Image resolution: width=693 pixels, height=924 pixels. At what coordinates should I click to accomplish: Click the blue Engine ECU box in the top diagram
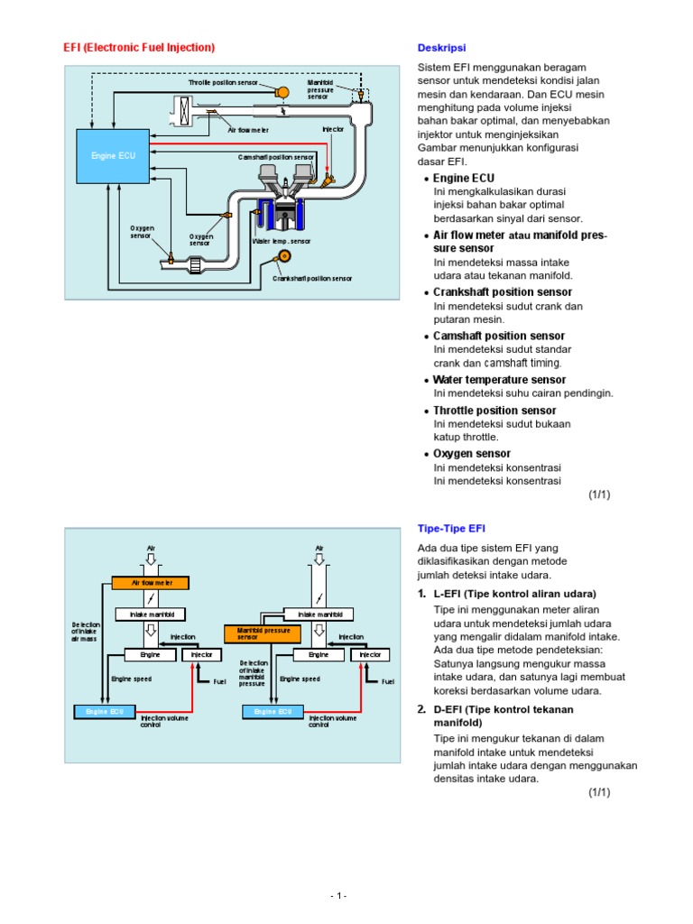tap(113, 155)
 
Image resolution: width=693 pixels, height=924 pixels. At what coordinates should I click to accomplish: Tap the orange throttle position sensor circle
tap(282, 92)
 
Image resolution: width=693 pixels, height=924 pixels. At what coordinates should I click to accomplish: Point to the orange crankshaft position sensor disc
tap(283, 257)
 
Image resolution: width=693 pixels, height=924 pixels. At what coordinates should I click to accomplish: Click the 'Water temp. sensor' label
tap(281, 242)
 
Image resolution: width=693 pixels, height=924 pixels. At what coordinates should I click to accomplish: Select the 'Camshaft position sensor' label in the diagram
tap(276, 156)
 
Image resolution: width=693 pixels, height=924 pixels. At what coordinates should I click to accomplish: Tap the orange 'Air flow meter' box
tap(151, 583)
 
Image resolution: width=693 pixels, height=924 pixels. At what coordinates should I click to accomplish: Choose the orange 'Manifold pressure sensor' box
tap(262, 633)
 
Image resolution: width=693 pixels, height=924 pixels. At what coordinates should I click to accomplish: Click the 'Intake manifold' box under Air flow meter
tap(151, 614)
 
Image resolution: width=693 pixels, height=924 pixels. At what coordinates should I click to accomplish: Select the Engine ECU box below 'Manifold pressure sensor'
tap(272, 712)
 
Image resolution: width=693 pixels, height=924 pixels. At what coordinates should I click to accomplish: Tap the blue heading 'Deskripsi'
tap(441, 48)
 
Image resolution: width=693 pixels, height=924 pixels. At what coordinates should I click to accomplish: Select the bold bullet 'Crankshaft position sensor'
tap(503, 292)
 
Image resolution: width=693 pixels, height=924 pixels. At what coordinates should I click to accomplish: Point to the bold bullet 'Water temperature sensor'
tap(499, 380)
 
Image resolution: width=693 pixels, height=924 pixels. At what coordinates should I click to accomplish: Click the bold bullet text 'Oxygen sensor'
tap(472, 454)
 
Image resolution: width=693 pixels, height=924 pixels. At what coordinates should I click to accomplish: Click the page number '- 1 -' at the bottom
tap(338, 895)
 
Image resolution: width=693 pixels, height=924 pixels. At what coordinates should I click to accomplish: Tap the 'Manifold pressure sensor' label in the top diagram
tap(319, 89)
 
